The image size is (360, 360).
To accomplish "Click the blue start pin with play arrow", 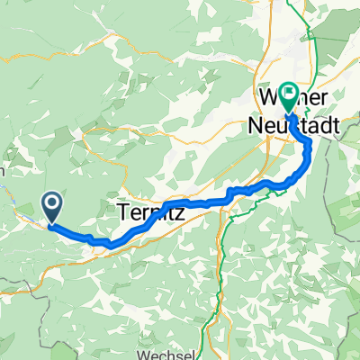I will [53, 207].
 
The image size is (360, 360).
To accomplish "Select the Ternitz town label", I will [148, 213].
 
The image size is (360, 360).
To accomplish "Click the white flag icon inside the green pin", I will [290, 92].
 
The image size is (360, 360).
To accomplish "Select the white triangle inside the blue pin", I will [53, 205].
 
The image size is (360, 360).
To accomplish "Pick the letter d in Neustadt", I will [315, 129].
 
